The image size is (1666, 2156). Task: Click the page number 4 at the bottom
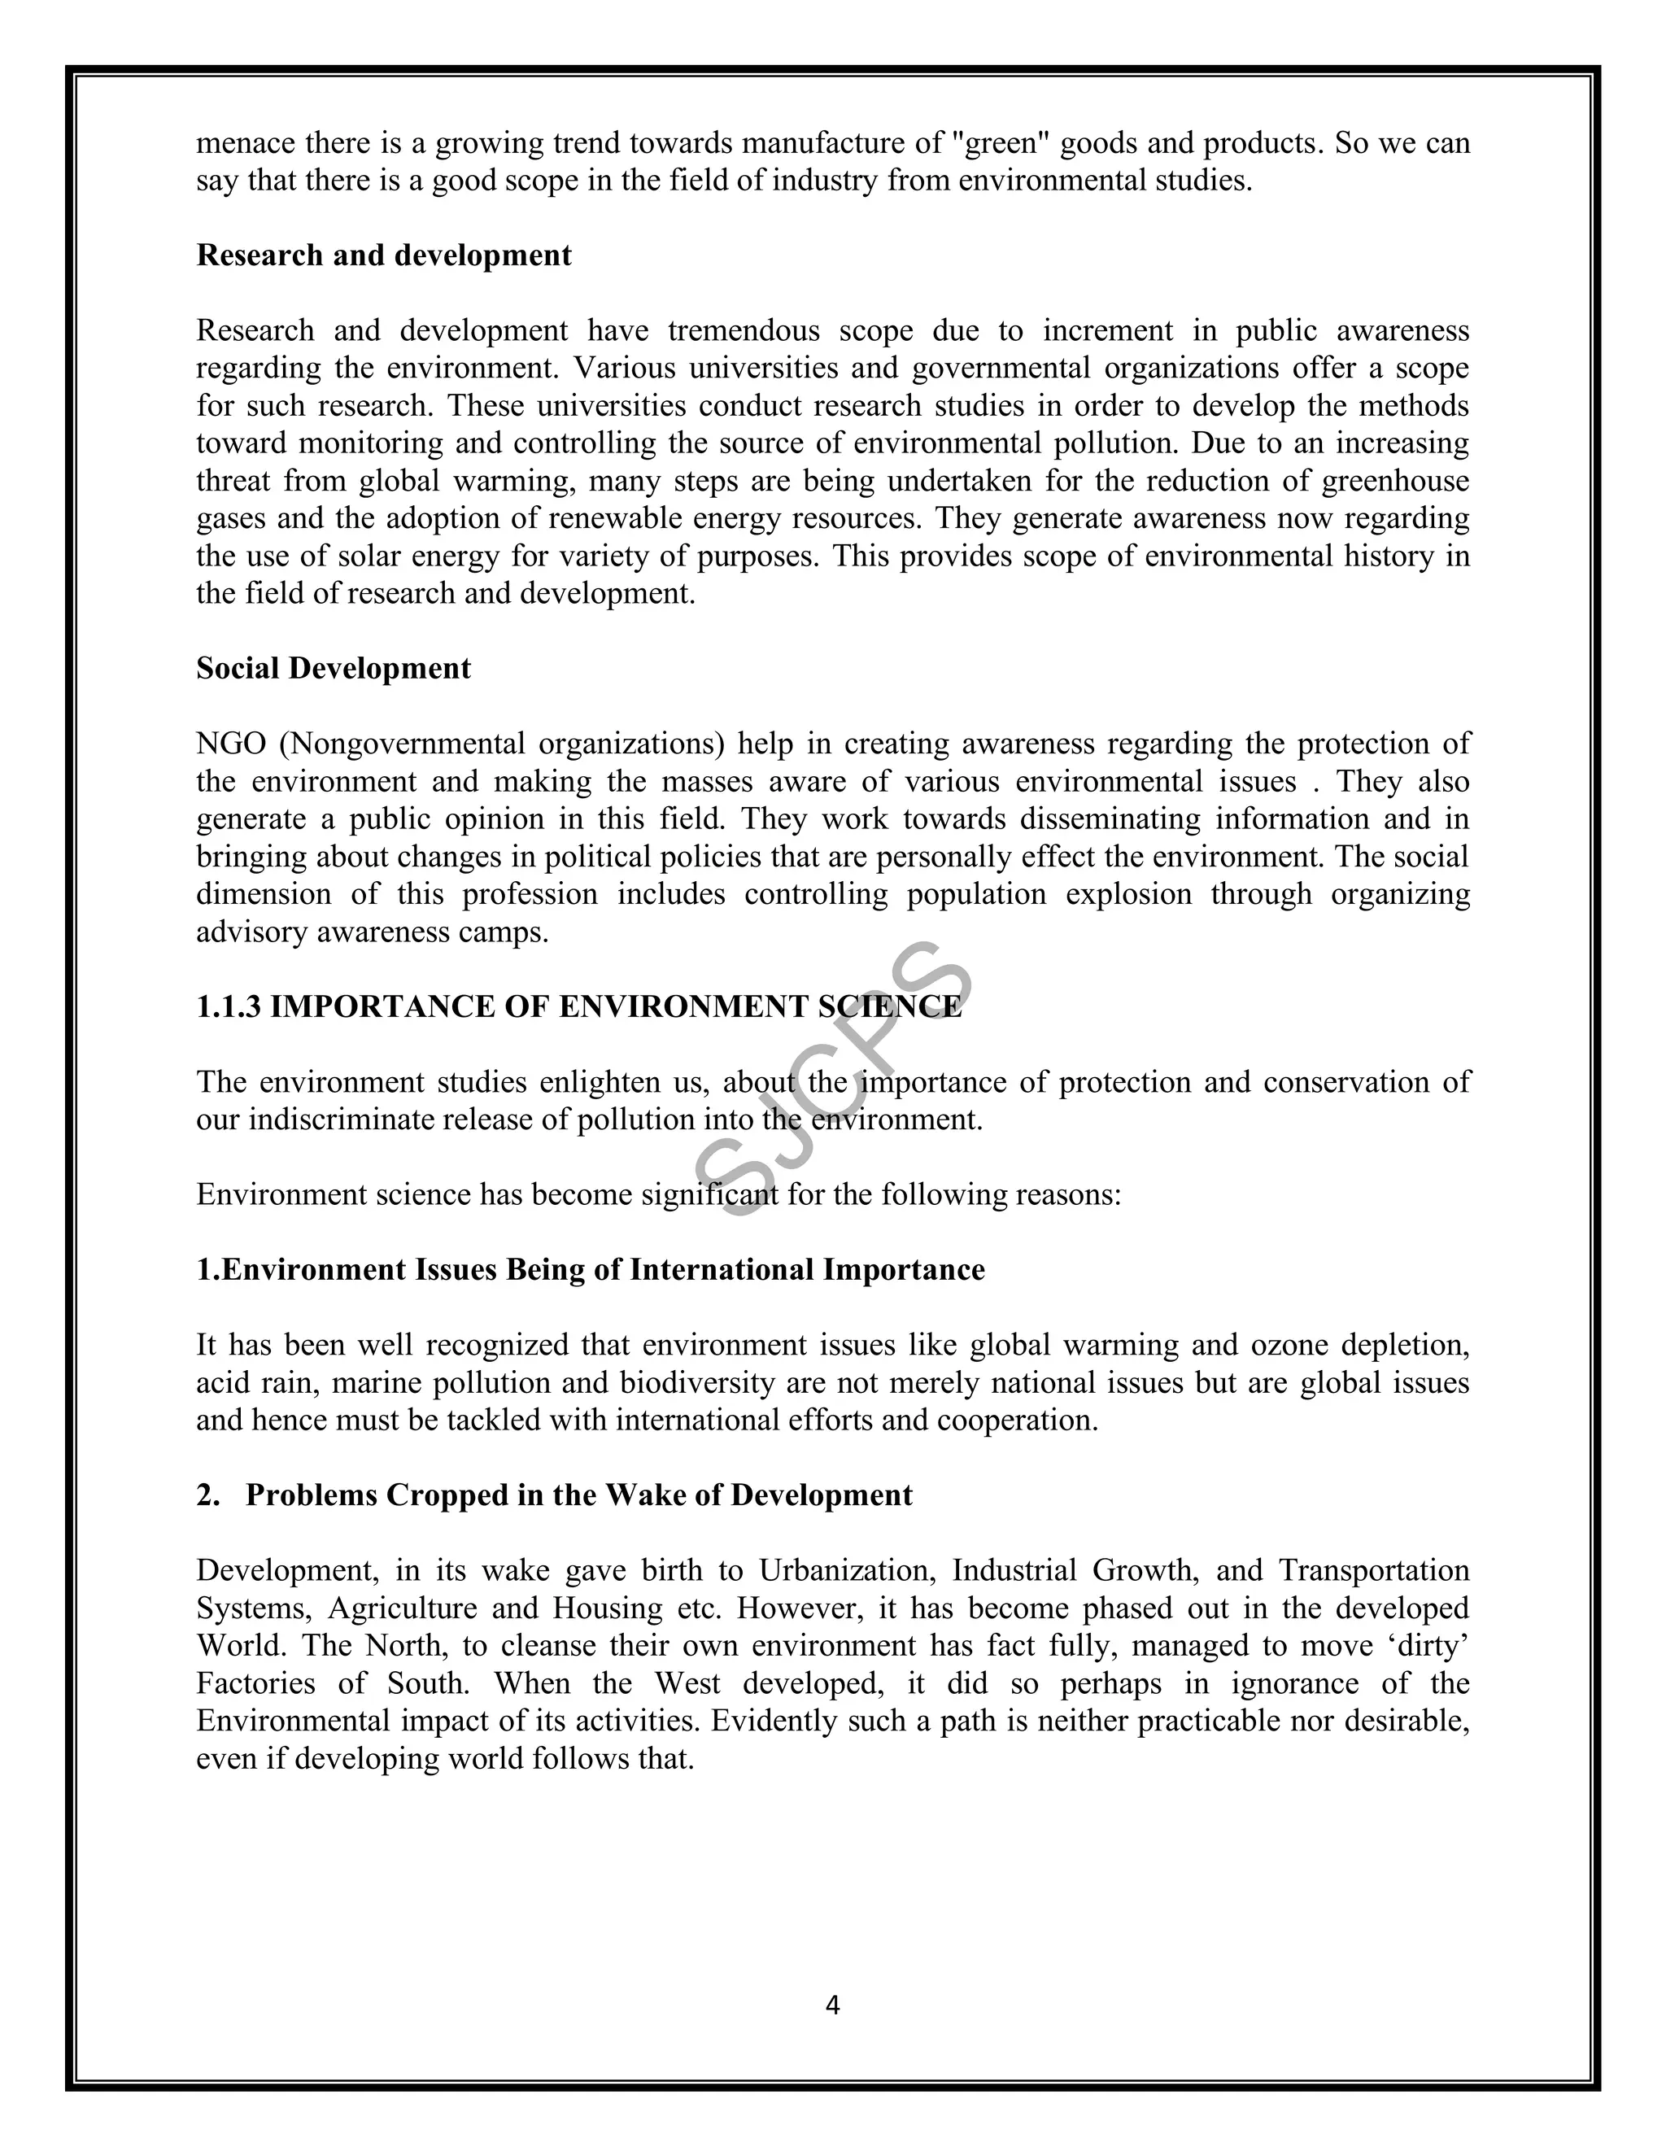point(832,2005)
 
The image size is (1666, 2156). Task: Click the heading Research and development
point(384,255)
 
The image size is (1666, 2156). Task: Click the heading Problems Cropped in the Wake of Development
point(578,1495)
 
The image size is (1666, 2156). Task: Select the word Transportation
point(1374,1569)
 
